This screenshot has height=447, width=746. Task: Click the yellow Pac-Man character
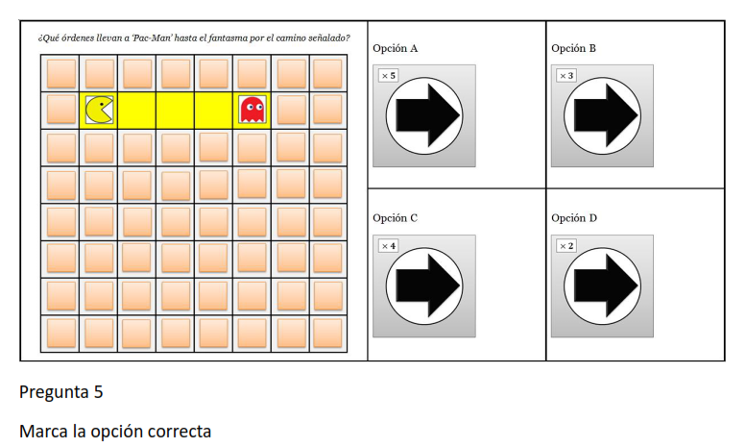(x=99, y=111)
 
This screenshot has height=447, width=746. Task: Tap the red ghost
(x=253, y=110)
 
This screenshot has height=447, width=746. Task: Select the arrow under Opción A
(x=427, y=115)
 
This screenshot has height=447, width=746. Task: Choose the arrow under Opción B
(x=606, y=115)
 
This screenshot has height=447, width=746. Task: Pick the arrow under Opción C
(x=427, y=286)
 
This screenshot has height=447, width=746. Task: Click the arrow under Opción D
(x=606, y=286)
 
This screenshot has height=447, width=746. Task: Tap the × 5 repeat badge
(x=388, y=75)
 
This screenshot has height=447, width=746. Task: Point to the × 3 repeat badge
(x=566, y=75)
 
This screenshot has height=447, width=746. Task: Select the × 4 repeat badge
(x=388, y=246)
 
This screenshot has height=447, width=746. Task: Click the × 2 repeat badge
(x=566, y=246)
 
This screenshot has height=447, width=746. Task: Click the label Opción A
(x=395, y=48)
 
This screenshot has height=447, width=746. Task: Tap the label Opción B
(x=573, y=48)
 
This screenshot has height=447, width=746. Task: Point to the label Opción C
(x=395, y=218)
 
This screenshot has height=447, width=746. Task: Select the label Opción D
(x=574, y=218)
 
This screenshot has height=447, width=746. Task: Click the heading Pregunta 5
(x=60, y=391)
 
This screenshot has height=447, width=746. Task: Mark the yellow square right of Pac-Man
(x=137, y=111)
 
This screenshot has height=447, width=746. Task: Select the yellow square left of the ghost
(x=213, y=111)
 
